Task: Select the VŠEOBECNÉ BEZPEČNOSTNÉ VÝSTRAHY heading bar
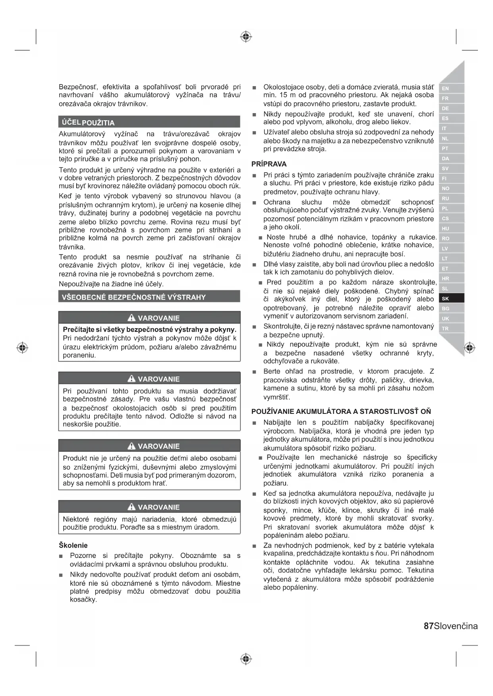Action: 133,297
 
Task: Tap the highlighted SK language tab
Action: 445,299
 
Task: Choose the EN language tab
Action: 445,88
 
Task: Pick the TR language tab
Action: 445,329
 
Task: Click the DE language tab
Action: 445,108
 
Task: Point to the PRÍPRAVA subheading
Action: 269,164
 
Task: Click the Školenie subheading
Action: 73,545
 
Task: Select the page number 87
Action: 429,626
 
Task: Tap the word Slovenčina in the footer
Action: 456,626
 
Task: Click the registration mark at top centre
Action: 246,37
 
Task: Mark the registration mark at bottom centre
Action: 246,659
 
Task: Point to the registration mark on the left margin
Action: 22,348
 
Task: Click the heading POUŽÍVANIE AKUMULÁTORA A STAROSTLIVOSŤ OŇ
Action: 341,411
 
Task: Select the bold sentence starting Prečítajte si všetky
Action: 149,329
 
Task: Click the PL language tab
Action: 445,208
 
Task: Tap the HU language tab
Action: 445,229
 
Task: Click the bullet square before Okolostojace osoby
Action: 254,87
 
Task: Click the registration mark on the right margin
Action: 470,348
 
